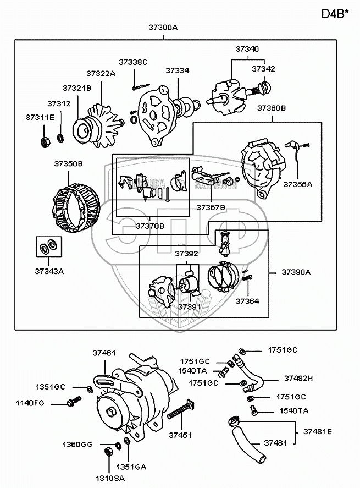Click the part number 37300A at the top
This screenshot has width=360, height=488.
[x=164, y=27]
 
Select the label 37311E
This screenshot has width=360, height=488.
[x=40, y=117]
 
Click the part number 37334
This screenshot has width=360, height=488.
[x=177, y=71]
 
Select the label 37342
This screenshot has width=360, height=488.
[x=264, y=69]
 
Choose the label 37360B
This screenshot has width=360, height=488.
[x=272, y=108]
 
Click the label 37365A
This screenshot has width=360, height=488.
[x=297, y=184]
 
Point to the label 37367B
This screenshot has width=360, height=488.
[x=211, y=207]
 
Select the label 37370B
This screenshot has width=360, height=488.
[x=150, y=226]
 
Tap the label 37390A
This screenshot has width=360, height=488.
[x=296, y=272]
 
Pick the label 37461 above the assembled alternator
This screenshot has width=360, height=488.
[x=104, y=353]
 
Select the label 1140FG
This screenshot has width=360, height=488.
[x=31, y=404]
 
